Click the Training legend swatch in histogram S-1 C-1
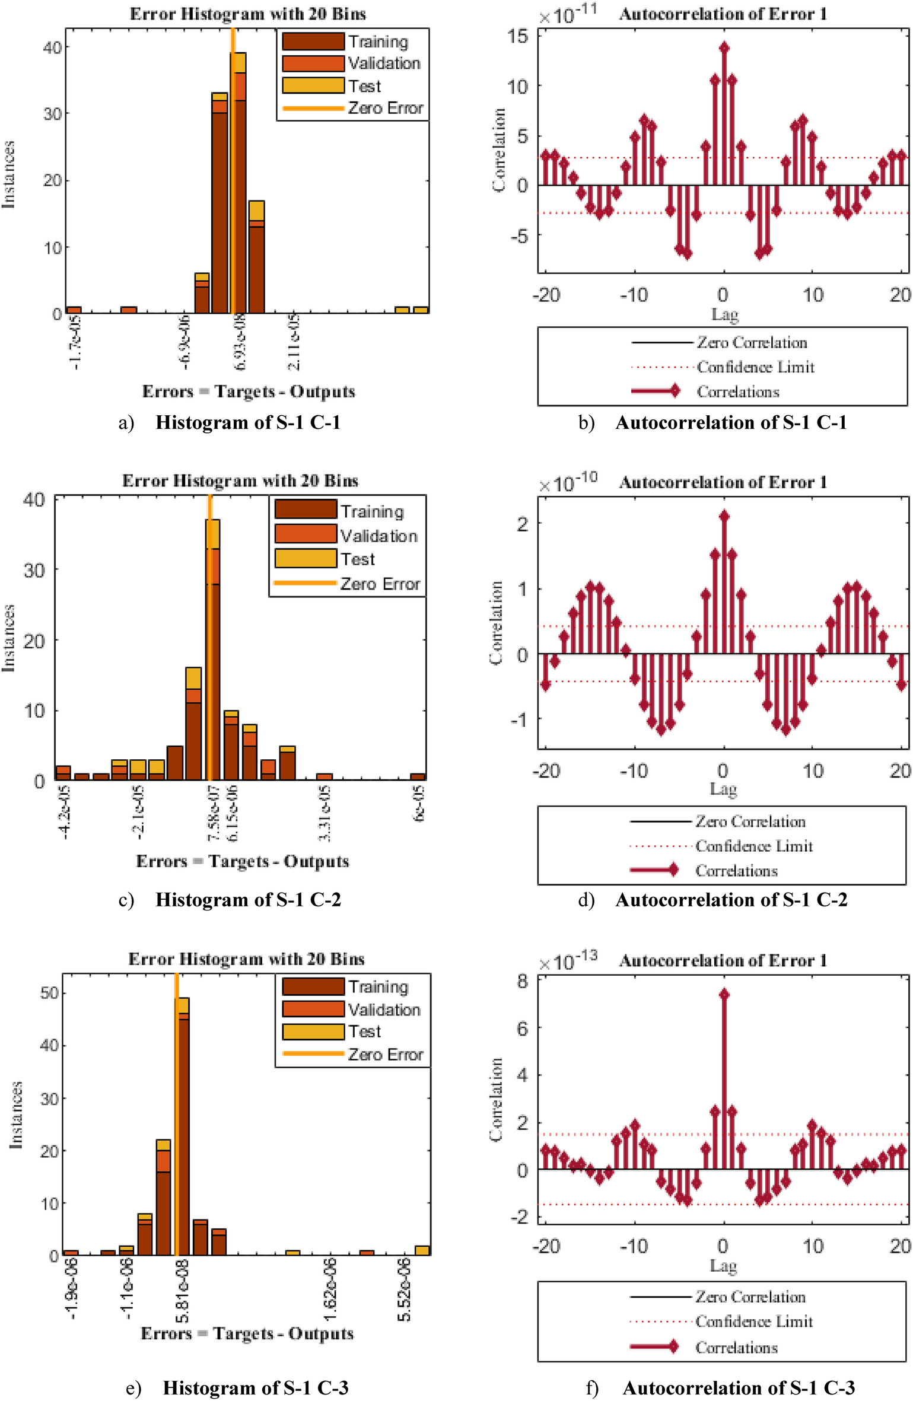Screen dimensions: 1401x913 [x=313, y=42]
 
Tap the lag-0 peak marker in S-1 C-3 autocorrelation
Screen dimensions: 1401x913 [x=724, y=995]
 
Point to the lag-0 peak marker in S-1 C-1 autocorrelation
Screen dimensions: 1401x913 [x=724, y=48]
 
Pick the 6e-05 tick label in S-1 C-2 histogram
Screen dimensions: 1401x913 [x=419, y=804]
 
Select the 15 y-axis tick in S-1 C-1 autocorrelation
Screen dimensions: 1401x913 [x=517, y=36]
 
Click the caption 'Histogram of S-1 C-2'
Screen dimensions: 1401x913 [x=248, y=900]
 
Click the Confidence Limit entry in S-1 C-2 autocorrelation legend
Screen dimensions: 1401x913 [x=753, y=846]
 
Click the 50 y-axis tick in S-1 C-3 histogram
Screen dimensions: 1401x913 [x=50, y=993]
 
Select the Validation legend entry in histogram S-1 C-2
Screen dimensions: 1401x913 [x=378, y=536]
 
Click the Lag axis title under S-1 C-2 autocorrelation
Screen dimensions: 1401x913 [x=723, y=789]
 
